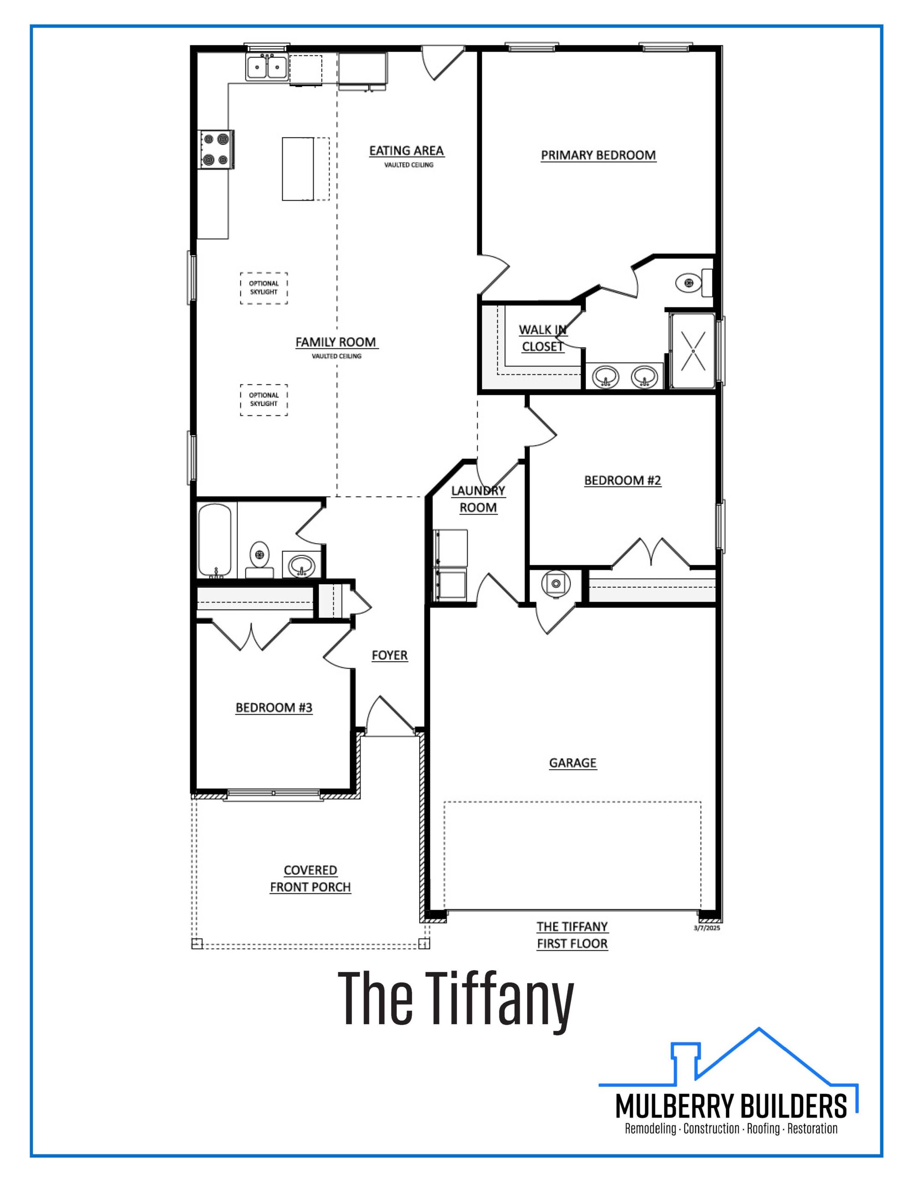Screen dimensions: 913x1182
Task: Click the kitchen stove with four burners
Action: click(x=216, y=150)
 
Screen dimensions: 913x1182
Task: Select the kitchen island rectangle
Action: click(x=298, y=169)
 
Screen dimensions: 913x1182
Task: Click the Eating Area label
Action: click(x=407, y=151)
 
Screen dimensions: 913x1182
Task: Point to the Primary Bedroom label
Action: click(x=599, y=155)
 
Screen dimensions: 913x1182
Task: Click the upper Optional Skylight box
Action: click(x=264, y=288)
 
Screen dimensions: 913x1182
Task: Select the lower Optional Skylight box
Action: click(x=264, y=400)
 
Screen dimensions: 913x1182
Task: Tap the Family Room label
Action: click(x=336, y=342)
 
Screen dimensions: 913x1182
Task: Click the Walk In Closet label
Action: click(x=543, y=338)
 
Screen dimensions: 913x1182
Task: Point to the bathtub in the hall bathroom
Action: click(x=215, y=540)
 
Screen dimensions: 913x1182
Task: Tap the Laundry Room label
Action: click(x=478, y=499)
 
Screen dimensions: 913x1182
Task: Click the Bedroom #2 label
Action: click(x=622, y=481)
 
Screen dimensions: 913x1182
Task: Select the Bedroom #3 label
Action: click(x=274, y=708)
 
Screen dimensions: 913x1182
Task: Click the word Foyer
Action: click(x=390, y=655)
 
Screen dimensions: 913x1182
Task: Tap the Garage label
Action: click(x=573, y=763)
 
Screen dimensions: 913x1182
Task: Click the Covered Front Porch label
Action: click(x=311, y=879)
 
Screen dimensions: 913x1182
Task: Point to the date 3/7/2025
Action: click(x=707, y=928)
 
